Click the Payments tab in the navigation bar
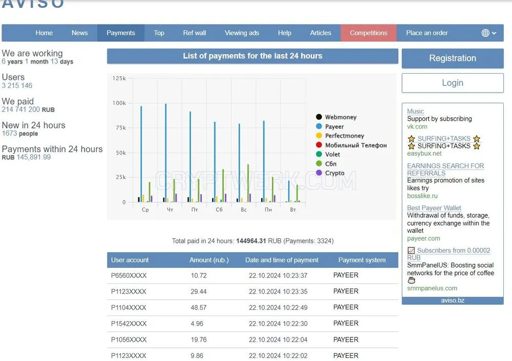pos(120,33)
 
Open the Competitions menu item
pos(368,33)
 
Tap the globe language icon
pos(485,33)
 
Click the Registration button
pos(453,58)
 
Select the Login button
pos(453,83)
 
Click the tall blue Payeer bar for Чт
pos(166,153)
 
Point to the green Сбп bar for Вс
pos(248,183)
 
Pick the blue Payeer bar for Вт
pos(289,191)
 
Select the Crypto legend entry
pos(330,173)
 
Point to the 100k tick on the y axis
pos(119,103)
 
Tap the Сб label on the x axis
pos(219,210)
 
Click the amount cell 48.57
pos(199,307)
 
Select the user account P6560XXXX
pos(129,276)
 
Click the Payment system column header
pos(362,260)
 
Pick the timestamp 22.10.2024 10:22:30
pos(278,324)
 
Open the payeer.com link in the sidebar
pos(423,238)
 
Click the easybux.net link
pos(424,153)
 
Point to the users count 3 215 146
pos(17,85)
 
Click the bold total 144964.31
pos(251,241)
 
